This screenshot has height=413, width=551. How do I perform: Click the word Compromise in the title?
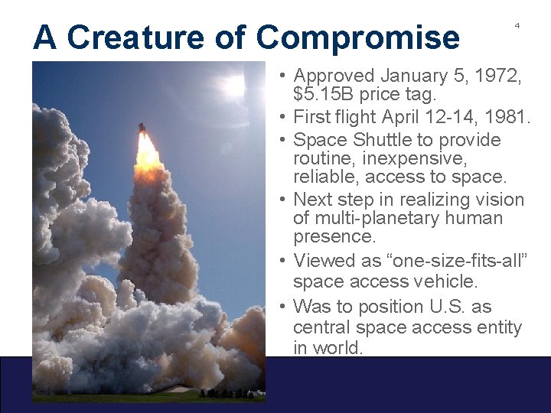358,37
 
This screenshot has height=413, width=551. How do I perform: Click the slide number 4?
517,25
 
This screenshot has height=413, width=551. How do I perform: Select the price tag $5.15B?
321,96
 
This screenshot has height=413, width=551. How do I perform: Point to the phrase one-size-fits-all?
453,260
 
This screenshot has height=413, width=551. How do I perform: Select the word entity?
499,327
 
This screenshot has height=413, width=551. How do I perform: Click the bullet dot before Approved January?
283,76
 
